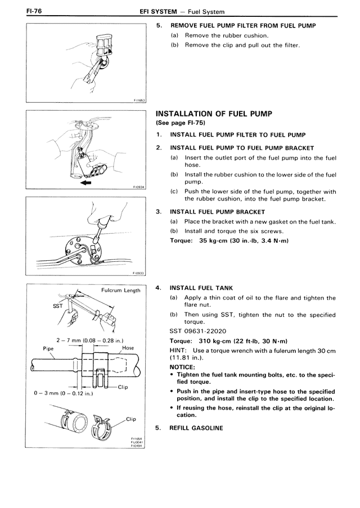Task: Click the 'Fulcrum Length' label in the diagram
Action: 120,291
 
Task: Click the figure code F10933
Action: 139,274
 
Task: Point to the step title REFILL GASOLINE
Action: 196,428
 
